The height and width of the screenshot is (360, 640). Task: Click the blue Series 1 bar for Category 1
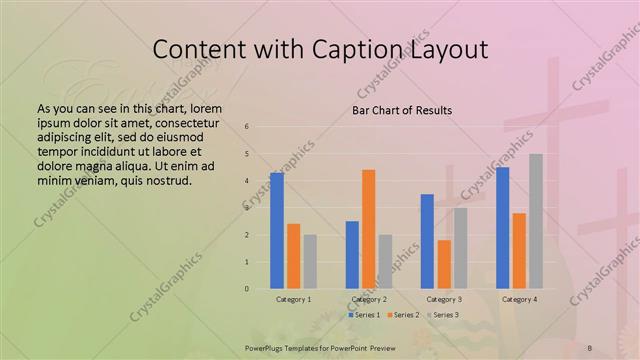pos(277,231)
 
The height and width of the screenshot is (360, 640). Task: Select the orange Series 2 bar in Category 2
pos(368,229)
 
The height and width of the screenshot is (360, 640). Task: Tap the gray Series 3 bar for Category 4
pos(536,221)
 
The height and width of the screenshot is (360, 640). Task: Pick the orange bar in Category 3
pos(444,264)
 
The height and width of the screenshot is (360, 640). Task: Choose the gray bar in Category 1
pos(310,261)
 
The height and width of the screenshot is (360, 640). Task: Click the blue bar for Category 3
pos(427,241)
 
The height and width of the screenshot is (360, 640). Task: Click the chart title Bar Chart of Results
pos(401,109)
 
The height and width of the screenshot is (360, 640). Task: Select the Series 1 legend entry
pos(365,315)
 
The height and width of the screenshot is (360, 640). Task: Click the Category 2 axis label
pos(369,299)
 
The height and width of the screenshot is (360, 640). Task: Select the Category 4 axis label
pos(519,299)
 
